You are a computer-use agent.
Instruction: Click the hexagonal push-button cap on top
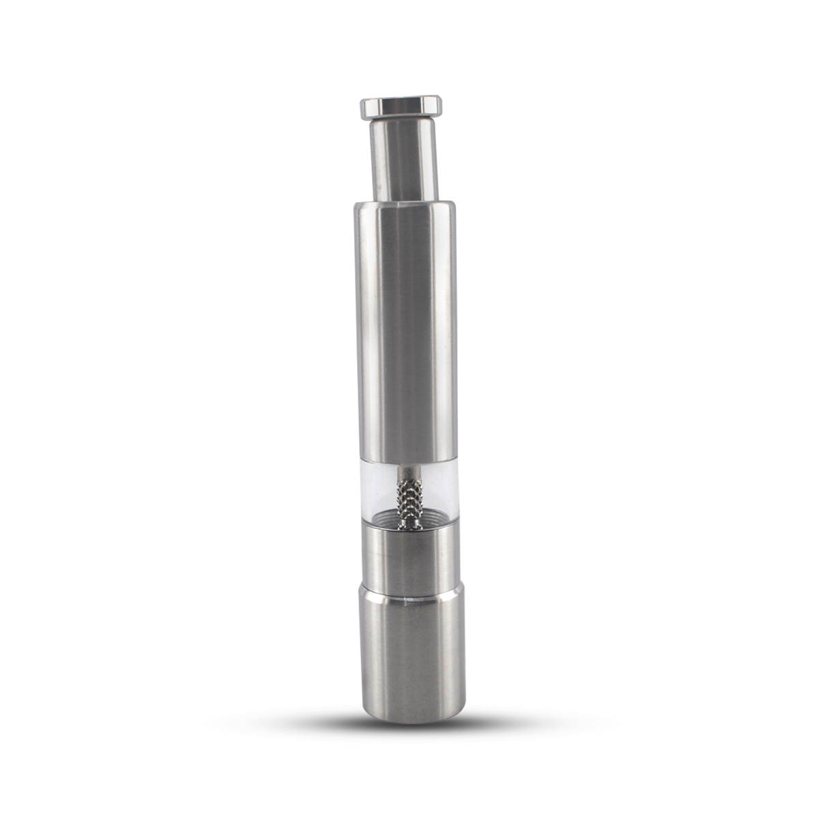point(401,107)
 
